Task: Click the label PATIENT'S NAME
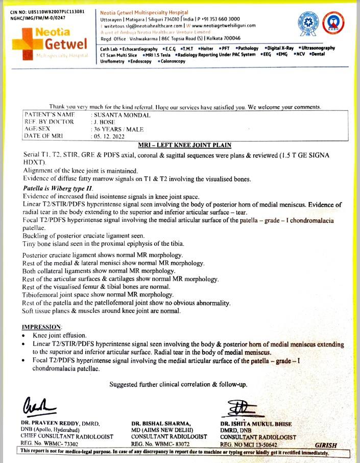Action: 49,115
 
